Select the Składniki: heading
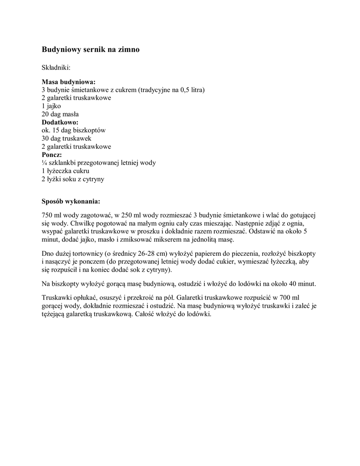tap(56, 67)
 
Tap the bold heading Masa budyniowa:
tap(69, 82)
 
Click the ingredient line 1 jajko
tap(51, 106)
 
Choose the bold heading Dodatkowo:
tap(60, 122)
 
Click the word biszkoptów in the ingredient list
tap(90, 131)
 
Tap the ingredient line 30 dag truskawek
tap(67, 138)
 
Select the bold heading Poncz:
tap(52, 155)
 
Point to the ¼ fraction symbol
tap(44, 163)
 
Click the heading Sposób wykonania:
tap(71, 201)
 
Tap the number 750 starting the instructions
tap(47, 215)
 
